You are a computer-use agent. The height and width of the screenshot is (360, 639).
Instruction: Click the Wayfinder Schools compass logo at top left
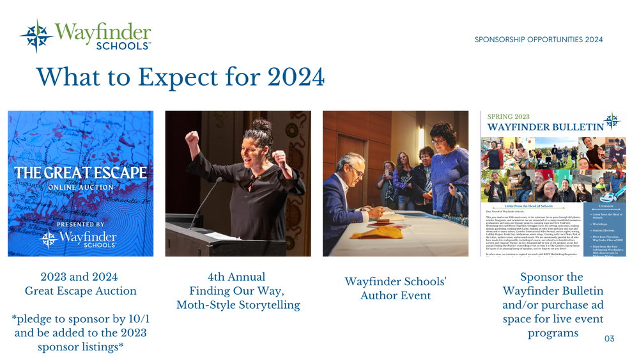pyautogui.click(x=36, y=36)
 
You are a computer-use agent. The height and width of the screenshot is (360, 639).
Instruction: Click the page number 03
pyautogui.click(x=609, y=338)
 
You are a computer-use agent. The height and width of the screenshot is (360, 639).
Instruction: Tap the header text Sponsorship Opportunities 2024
pyautogui.click(x=539, y=40)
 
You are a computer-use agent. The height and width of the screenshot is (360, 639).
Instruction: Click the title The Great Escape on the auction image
pyautogui.click(x=81, y=173)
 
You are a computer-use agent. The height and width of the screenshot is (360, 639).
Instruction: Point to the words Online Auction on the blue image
pyautogui.click(x=81, y=187)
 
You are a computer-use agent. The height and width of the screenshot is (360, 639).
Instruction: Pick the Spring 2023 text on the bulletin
pyautogui.click(x=509, y=117)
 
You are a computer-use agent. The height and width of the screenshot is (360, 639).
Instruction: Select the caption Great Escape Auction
pyautogui.click(x=81, y=291)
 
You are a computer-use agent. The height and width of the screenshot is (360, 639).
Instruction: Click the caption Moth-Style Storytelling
pyautogui.click(x=238, y=304)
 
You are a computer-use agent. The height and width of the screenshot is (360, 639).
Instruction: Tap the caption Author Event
pyautogui.click(x=395, y=295)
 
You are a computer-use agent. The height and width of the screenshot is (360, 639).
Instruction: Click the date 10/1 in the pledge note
pyautogui.click(x=135, y=318)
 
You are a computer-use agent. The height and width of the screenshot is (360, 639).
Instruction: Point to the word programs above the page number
pyautogui.click(x=553, y=333)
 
